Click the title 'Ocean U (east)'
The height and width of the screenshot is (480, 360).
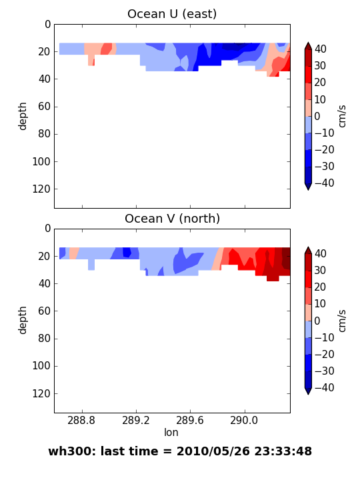click(x=172, y=14)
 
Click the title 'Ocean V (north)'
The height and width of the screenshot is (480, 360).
click(x=172, y=219)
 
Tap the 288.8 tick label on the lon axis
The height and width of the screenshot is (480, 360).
click(x=81, y=420)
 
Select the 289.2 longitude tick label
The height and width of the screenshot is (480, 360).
click(x=136, y=420)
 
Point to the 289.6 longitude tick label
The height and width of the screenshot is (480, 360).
click(x=190, y=420)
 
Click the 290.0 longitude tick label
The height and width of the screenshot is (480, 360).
click(x=244, y=420)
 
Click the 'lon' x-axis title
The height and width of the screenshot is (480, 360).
click(x=171, y=432)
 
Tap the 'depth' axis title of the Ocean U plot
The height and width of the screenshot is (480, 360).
click(x=23, y=116)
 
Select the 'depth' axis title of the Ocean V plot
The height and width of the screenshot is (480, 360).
click(x=23, y=321)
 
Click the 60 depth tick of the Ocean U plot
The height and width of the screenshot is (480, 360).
click(x=44, y=107)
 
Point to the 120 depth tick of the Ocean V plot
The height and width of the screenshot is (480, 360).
click(x=41, y=393)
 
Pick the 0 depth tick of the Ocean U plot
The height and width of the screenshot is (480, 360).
click(x=47, y=24)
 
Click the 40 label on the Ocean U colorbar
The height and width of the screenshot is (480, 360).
click(x=321, y=49)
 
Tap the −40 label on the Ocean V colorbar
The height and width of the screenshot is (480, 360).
click(x=324, y=387)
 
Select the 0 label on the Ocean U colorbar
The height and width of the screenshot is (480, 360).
click(x=317, y=116)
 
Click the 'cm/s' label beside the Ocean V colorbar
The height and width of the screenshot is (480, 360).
click(x=342, y=321)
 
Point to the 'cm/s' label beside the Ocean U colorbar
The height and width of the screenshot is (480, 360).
click(x=342, y=116)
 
